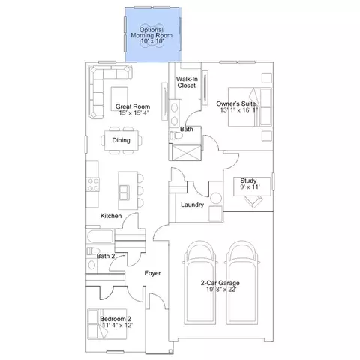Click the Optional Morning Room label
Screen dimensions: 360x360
[x=151, y=32]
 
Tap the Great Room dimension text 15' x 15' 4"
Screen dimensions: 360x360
[x=134, y=112]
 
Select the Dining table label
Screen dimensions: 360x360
[x=121, y=140]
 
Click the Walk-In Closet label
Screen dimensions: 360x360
[x=187, y=82]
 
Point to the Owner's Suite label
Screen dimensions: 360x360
[x=236, y=103]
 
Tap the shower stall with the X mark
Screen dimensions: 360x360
[x=187, y=152]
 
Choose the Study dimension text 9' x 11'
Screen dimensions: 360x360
[x=250, y=187]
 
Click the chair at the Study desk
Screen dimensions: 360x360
[x=253, y=202]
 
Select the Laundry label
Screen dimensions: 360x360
[x=192, y=205]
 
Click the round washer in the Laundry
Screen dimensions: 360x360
[x=216, y=199]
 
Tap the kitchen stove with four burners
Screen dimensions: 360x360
[x=93, y=185]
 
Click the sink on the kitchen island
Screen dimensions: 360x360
[x=124, y=193]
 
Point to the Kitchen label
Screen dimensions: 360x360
[x=111, y=216]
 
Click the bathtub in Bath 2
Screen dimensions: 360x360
[x=100, y=236]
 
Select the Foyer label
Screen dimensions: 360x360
[x=152, y=273]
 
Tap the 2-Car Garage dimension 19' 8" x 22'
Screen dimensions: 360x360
[x=221, y=289]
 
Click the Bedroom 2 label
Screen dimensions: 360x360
[x=115, y=319]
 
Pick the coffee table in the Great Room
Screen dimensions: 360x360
[x=119, y=98]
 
